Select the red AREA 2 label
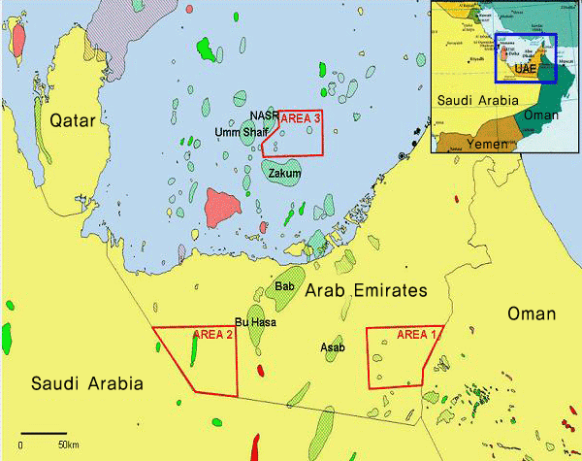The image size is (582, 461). pos(213,335)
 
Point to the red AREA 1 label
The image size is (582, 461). pos(418,335)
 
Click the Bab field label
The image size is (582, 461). pos(284,286)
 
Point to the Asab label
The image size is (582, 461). pos(333,346)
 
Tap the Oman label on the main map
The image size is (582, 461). pos(532,313)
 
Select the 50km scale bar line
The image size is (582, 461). pos(43,432)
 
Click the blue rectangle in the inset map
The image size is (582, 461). pos(526,58)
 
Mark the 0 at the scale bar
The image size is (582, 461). pos(20,445)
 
